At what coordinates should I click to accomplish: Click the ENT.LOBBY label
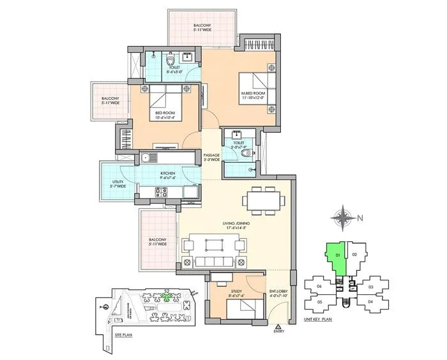pyautogui.click(x=278, y=293)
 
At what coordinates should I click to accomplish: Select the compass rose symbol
pyautogui.click(x=344, y=217)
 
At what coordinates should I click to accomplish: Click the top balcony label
pyautogui.click(x=202, y=27)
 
